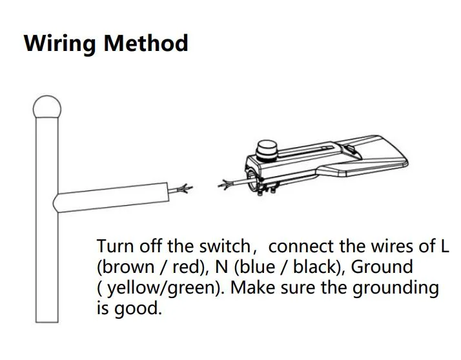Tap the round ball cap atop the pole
(46, 106)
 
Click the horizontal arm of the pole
(116, 197)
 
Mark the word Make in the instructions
(253, 288)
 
